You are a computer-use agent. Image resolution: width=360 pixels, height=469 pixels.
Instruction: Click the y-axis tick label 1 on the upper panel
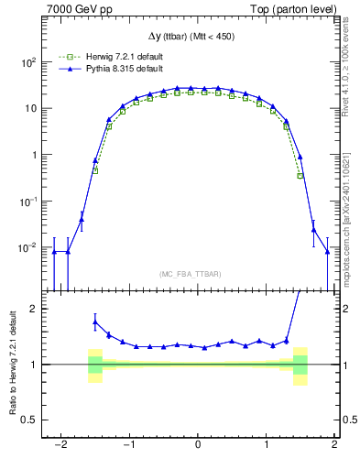[x=33, y=155]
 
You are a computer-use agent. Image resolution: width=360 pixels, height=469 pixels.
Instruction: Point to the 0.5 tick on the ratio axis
[x=28, y=420]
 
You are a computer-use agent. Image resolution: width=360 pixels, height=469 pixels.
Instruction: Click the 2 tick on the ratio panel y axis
[x=33, y=309]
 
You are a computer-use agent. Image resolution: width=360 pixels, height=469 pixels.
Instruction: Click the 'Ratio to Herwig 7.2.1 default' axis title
[x=11, y=364]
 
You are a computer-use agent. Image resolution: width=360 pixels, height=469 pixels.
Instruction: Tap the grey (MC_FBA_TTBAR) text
[x=197, y=275]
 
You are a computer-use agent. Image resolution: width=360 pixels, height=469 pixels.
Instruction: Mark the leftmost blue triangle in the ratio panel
[x=95, y=322]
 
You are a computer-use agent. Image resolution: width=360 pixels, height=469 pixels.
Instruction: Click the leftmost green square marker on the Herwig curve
[x=95, y=170]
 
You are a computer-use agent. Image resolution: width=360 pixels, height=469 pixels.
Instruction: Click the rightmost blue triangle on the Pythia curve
[x=327, y=252]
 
